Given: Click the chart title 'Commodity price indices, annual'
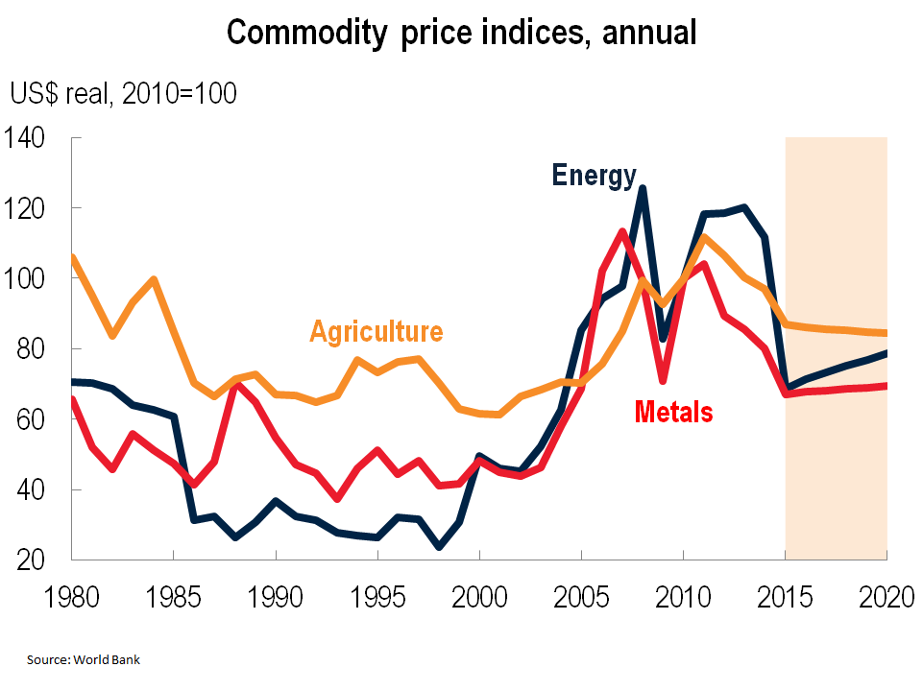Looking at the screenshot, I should (461, 33).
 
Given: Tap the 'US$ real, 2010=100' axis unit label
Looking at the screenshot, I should (123, 94).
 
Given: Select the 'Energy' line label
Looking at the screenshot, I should (594, 176).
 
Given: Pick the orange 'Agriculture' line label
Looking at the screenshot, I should (376, 332).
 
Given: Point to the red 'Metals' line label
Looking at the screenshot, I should (673, 413).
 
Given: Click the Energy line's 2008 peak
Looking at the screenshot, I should (642, 188).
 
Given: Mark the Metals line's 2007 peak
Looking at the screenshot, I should (621, 231).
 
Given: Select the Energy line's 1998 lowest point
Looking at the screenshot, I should (439, 547).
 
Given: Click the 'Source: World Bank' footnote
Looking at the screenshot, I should (84, 660).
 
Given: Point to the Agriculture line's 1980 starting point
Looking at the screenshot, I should (74, 256).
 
